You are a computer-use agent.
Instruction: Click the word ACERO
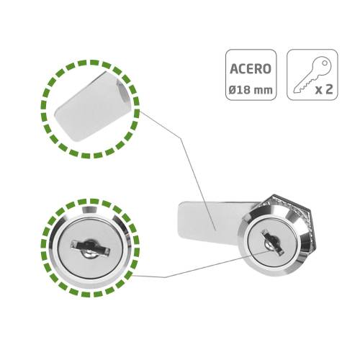[251, 69]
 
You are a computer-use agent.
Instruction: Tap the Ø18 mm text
[251, 90]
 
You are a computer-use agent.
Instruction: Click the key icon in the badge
[312, 76]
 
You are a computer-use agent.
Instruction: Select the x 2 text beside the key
[324, 89]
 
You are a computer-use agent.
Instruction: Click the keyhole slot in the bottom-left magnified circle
[91, 248]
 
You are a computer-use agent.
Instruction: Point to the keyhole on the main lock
[273, 242]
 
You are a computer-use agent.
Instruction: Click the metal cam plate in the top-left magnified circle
[92, 106]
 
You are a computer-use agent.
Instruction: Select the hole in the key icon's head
[325, 63]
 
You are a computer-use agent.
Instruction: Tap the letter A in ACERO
[234, 69]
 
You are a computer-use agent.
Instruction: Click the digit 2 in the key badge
[329, 89]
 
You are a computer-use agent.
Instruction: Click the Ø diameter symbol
[233, 90]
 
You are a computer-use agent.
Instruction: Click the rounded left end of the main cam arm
[182, 220]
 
